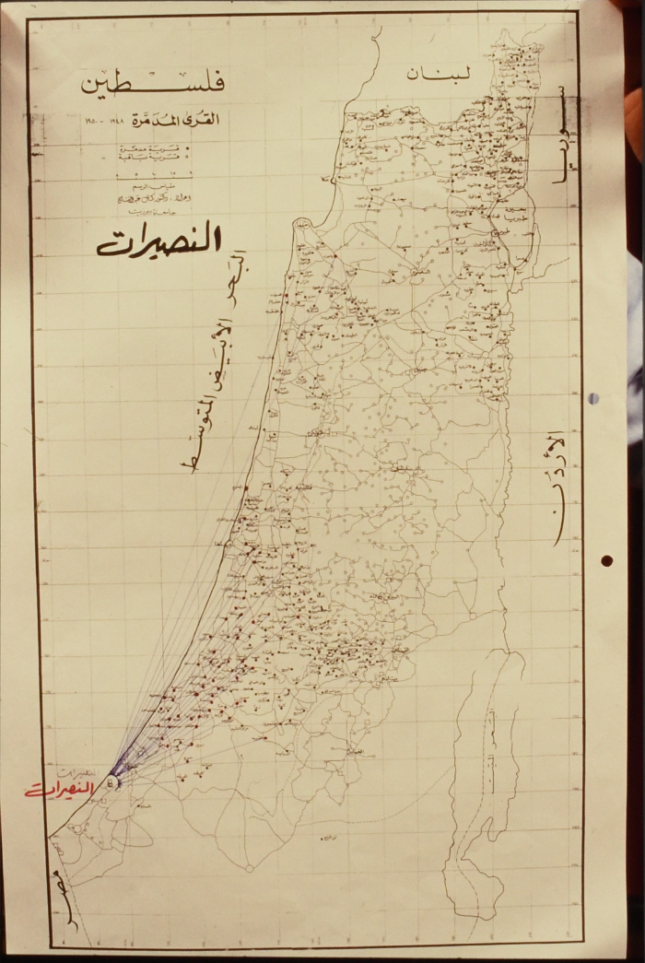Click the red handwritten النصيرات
[x=61, y=790]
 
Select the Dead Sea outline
[x=479, y=783]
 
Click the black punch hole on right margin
[x=607, y=560]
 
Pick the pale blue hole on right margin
[x=593, y=398]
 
